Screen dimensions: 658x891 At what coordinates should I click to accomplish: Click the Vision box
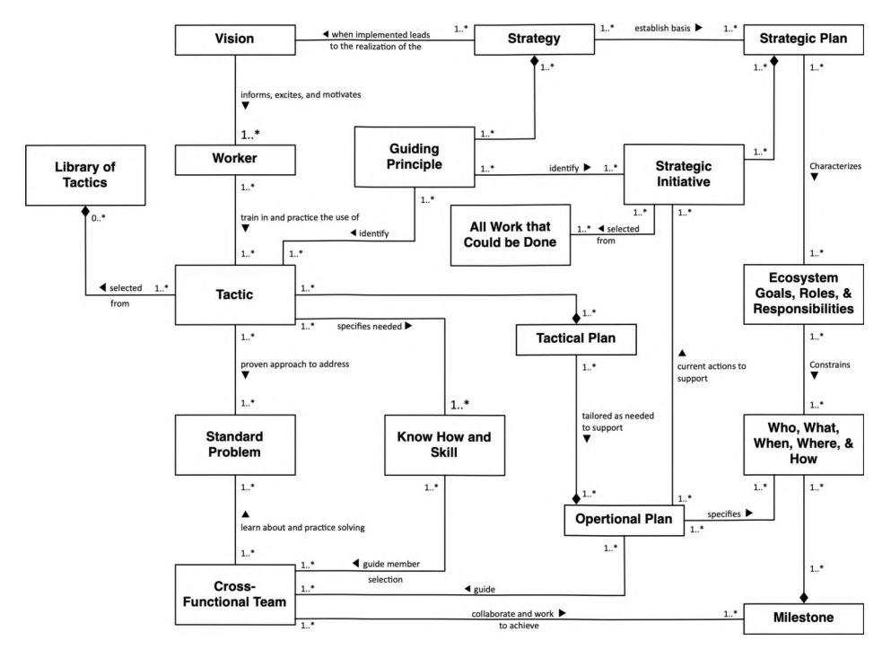(x=236, y=40)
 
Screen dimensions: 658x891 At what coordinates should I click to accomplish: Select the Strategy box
(x=535, y=39)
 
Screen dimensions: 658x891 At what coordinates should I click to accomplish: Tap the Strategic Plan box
(x=804, y=39)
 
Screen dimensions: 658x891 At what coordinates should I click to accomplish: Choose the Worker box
(x=236, y=159)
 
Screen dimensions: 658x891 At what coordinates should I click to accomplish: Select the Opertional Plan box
(x=623, y=519)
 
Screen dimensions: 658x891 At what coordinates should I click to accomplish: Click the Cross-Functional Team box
(x=236, y=590)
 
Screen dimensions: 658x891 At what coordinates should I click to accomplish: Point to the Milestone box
(x=804, y=619)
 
